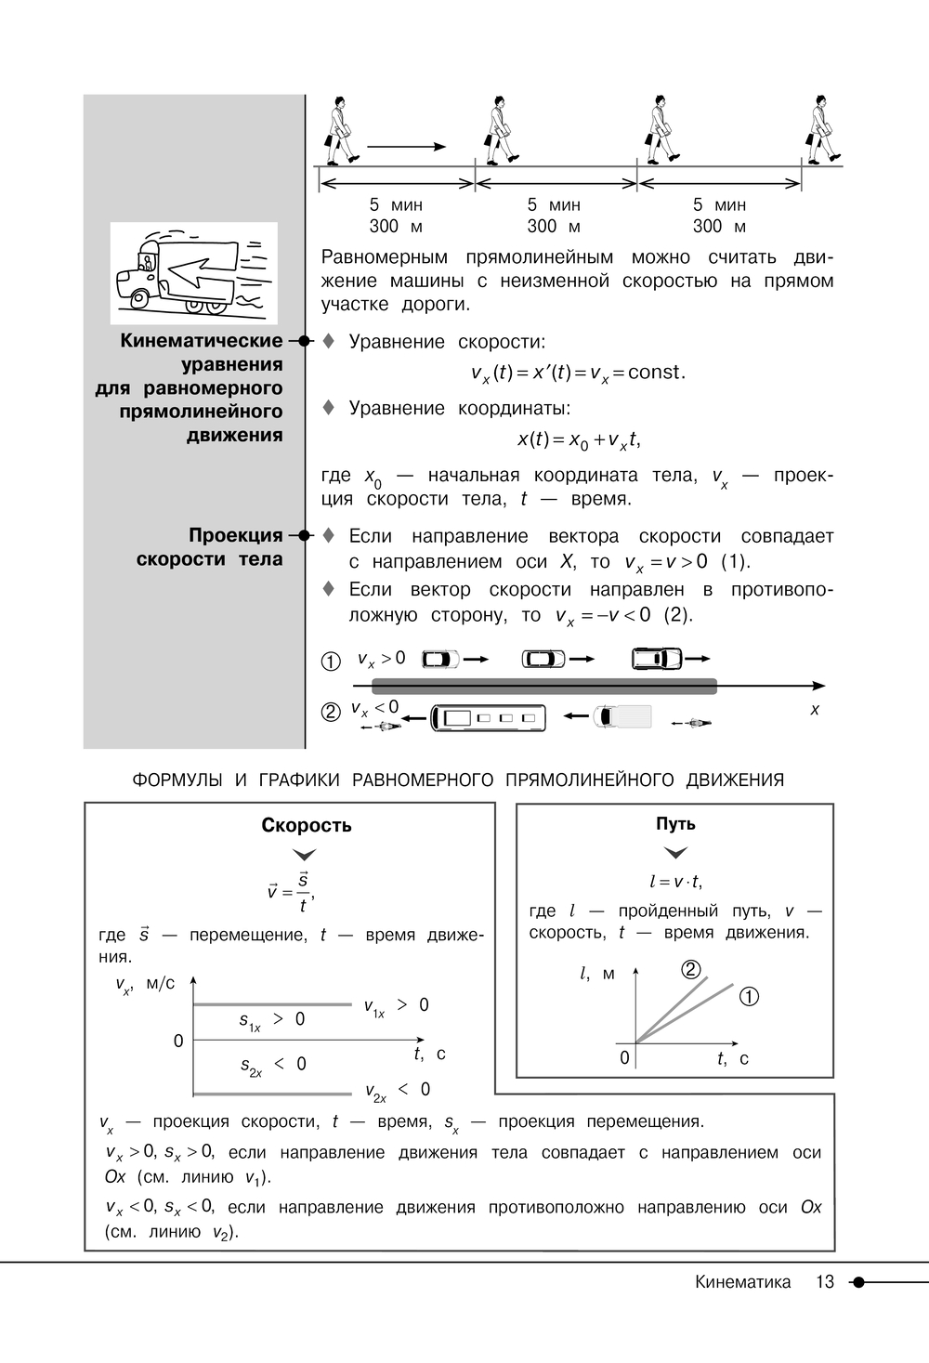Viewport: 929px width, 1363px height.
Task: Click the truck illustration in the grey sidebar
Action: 193,273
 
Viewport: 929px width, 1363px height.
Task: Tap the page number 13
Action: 825,1282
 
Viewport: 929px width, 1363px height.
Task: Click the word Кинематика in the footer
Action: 742,1282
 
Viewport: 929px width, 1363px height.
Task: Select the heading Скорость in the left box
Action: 307,825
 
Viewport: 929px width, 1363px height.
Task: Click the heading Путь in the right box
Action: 675,824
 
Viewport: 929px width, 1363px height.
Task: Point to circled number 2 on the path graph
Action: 690,970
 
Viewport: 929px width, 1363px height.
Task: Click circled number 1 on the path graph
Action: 749,997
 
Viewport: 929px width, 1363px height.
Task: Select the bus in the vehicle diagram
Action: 488,718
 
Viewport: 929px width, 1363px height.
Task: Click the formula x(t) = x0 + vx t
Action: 579,439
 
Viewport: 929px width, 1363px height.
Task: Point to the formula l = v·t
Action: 675,882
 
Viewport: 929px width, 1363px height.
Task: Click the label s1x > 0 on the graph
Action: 271,1020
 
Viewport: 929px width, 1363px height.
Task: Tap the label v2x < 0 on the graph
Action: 397,1090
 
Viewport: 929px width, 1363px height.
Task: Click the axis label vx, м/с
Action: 145,985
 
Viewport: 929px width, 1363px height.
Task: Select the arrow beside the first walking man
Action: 407,146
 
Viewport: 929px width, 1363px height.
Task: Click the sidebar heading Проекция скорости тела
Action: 210,547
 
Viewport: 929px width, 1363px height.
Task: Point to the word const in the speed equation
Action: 655,373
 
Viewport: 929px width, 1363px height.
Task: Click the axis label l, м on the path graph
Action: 596,974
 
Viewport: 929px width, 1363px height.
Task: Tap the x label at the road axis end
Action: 815,709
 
